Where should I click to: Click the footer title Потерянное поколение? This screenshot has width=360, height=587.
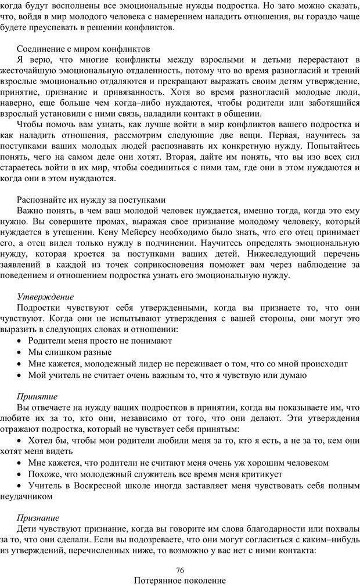pyautogui.click(x=179, y=580)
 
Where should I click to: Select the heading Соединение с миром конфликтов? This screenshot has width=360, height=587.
pyautogui.click(x=84, y=48)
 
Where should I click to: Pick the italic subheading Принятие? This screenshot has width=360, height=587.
pyautogui.click(x=37, y=397)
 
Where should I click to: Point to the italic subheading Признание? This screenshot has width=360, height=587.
pyautogui.click(x=38, y=517)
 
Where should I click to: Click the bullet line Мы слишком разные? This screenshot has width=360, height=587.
pyautogui.click(x=70, y=352)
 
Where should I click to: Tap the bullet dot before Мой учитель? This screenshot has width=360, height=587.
pyautogui.click(x=21, y=375)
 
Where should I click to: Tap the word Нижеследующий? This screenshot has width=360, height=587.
pyautogui.click(x=285, y=254)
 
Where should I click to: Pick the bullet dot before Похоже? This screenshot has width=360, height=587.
pyautogui.click(x=21, y=474)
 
